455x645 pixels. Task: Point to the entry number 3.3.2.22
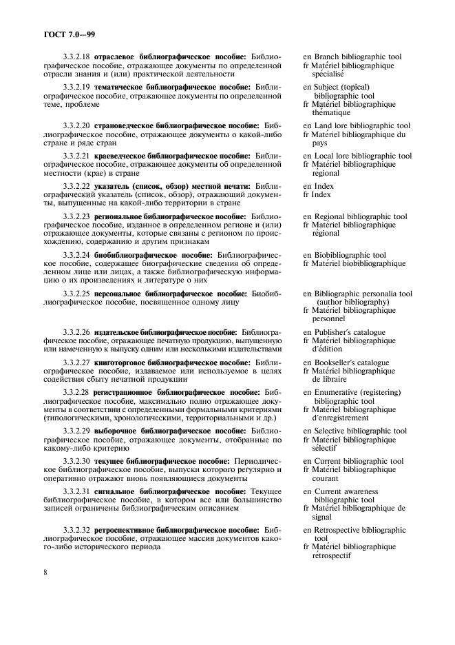click(76, 187)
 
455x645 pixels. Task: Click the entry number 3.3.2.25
click(76, 294)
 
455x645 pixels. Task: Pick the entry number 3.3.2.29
click(76, 431)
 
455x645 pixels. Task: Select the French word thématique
click(331, 113)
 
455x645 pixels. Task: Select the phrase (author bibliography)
click(352, 302)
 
